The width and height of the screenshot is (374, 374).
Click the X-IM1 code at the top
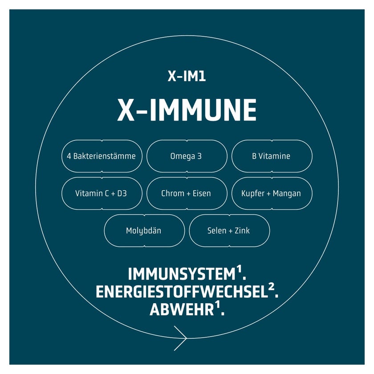point(187,76)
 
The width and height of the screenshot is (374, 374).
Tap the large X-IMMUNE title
point(187,110)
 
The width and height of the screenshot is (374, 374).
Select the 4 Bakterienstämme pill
point(102,156)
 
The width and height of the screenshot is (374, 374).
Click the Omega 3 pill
point(187,156)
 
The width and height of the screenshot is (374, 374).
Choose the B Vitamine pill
point(272,156)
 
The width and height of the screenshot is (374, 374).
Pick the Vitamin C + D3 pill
point(102,193)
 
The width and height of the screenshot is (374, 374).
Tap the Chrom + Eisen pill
point(187,193)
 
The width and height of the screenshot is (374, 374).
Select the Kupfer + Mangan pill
point(272,193)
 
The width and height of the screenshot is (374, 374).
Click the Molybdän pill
point(144,231)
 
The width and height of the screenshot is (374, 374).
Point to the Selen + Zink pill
point(229,231)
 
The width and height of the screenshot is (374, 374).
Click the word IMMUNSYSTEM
point(182,274)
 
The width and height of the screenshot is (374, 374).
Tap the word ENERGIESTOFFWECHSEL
point(182,292)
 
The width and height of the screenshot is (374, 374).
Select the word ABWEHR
point(182,309)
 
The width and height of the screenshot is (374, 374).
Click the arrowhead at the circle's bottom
point(181,338)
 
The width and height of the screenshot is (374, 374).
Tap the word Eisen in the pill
point(202,193)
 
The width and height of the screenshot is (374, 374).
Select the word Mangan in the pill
point(287,194)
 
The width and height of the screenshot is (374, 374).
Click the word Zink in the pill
point(242,231)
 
